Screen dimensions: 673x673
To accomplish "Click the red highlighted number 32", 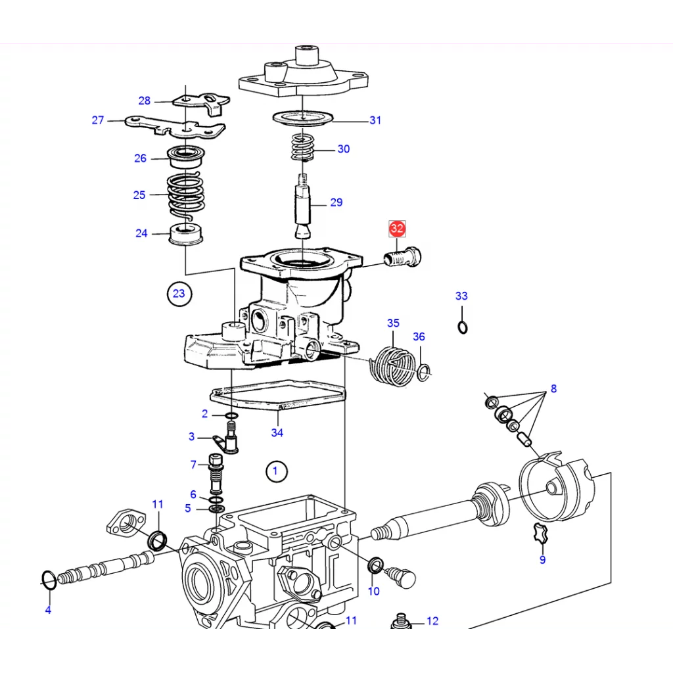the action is coord(397,228).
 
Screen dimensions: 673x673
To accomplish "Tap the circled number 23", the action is coord(179,294).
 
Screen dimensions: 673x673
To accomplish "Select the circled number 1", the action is coord(275,471).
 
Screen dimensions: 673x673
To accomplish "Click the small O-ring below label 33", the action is coord(462,327).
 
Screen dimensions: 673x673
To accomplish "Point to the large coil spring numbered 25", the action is coord(186,195).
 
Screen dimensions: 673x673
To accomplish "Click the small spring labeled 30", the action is coord(302,147).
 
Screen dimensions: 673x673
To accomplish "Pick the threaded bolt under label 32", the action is coord(402,258).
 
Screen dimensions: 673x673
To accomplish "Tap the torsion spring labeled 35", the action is coord(392,365).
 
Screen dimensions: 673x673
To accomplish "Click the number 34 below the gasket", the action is coord(277,432).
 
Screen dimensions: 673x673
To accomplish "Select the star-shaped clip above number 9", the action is coord(542,534).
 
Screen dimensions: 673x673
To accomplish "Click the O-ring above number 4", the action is coord(49,581).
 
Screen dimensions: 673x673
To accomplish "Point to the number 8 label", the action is coord(553,388).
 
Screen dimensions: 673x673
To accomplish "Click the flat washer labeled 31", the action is coord(304,118).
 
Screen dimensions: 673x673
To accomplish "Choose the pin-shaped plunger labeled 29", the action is coord(304,205).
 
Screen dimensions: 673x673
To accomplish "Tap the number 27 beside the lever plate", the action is coord(98,120).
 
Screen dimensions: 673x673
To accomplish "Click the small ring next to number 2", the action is coord(231,415).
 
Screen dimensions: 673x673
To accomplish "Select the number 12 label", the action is coord(432,621).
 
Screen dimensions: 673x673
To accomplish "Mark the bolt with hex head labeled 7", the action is coord(216,475).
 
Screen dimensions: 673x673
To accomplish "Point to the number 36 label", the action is coord(419,336).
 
